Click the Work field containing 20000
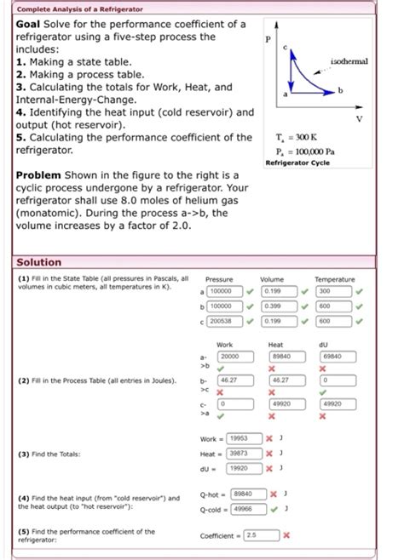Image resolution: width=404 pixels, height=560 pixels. click(x=230, y=356)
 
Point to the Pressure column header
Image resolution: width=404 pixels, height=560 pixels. click(x=220, y=278)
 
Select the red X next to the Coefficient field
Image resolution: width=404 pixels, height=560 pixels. click(x=286, y=534)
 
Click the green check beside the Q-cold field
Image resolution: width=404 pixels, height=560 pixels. click(x=274, y=508)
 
